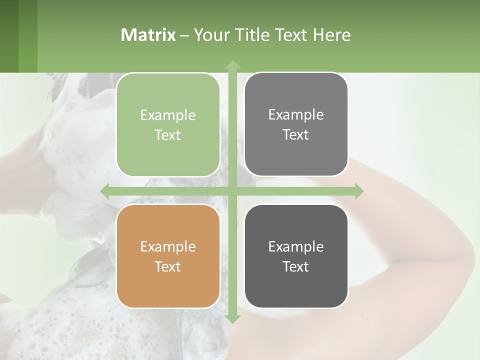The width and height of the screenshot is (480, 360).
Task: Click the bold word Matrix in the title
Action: [148, 35]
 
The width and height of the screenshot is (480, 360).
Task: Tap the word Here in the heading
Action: [332, 35]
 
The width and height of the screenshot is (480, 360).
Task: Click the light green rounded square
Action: [168, 124]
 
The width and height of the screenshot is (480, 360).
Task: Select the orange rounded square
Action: [168, 256]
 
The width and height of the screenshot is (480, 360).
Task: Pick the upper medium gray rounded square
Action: [296, 124]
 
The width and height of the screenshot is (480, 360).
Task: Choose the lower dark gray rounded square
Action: [296, 256]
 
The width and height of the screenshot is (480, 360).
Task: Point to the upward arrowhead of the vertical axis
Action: [232, 64]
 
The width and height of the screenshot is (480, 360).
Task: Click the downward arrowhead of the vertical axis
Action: [232, 318]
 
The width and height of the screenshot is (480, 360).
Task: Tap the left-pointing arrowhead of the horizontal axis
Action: [104, 191]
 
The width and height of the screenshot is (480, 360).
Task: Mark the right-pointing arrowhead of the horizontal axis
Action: [359, 191]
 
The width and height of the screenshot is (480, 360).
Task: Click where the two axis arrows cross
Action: [232, 191]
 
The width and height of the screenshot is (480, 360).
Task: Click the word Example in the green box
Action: [168, 115]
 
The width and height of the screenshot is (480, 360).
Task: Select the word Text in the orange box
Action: [168, 266]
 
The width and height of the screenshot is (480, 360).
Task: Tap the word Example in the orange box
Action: [168, 247]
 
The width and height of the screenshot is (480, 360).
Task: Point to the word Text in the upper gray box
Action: [296, 134]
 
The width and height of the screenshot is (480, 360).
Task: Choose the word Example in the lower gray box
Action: [296, 246]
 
